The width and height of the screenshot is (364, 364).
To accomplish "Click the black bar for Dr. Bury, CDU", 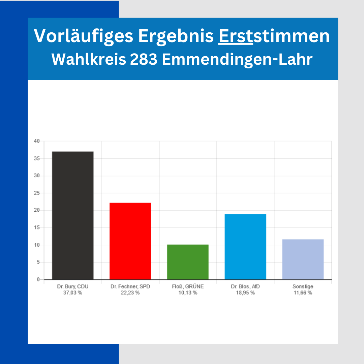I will (73, 216).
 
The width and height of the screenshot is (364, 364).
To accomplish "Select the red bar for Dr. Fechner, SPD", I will (130, 241).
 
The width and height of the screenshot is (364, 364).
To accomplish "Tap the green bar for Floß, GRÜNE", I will (188, 262).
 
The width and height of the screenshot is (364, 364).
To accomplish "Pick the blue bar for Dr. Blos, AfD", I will (245, 247).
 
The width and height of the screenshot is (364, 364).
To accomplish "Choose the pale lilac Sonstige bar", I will (303, 259).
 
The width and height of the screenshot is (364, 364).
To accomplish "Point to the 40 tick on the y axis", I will (37, 141).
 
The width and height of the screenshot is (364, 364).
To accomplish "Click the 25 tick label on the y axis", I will (37, 193).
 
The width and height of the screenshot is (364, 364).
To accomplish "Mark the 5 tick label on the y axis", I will (38, 262).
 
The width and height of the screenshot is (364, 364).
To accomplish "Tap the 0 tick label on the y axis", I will (38, 279).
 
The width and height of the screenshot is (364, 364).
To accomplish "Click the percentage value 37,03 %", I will (73, 293).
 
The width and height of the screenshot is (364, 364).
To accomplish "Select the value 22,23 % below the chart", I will (130, 293).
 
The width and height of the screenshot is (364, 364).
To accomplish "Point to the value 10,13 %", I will (188, 293).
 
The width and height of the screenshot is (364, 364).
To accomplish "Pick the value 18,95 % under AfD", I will (245, 293).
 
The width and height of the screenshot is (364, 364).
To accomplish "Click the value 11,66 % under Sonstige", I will (303, 293).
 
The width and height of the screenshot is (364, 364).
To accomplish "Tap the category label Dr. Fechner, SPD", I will (130, 286).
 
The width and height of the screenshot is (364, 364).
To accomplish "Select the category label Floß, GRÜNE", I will (188, 286).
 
